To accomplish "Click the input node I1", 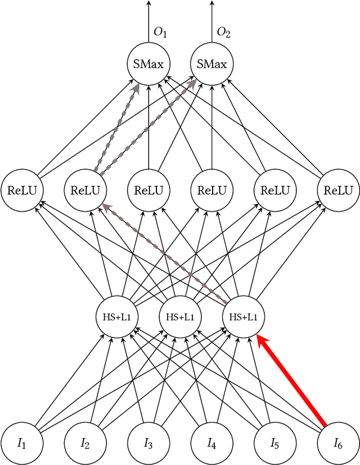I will pos(21,444).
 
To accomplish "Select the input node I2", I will pos(85,444).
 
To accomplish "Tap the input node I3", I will pos(148,444).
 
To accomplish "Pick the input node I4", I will pos(211,444).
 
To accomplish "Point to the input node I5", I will pos(274,444).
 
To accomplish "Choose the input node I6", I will pos(338,444).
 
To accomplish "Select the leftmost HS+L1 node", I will pos(116,317).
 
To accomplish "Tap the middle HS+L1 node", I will pos(180,317).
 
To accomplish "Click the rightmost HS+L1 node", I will pos(243,317).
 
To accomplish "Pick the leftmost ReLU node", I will pos(21,190).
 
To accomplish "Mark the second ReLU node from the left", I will pos(85,190).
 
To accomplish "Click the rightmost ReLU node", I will pos(338,190).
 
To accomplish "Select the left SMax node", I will pos(148,64).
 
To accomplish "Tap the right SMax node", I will pos(211,64).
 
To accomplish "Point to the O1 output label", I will pos(161,33).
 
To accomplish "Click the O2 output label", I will pos(224,33).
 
